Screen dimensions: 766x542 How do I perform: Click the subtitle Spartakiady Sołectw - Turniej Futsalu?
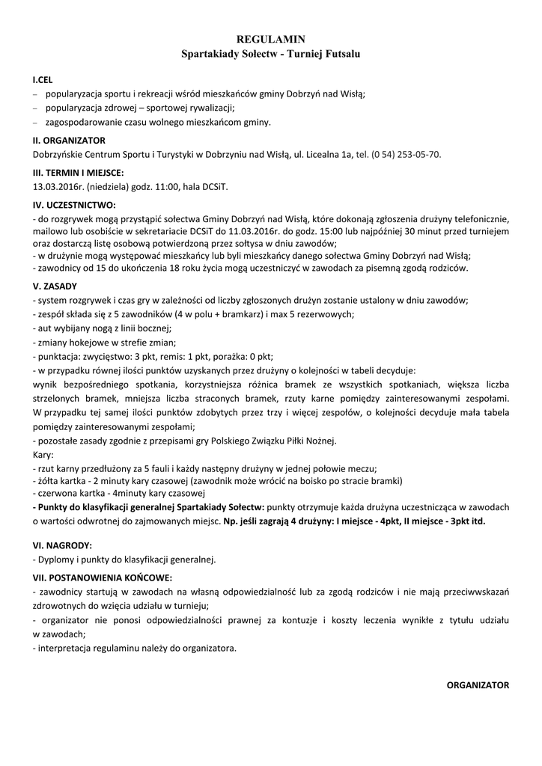point(271,53)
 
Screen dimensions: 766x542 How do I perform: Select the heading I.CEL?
point(43,79)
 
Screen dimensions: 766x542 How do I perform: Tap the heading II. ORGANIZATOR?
point(69,141)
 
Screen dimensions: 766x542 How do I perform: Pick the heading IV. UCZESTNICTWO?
point(74,205)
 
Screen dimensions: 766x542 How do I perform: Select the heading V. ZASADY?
point(55,286)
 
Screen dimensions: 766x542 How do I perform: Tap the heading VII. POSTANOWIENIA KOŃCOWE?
point(103,577)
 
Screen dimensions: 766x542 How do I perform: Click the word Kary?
point(43,454)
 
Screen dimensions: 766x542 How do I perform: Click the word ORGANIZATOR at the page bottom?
point(478,684)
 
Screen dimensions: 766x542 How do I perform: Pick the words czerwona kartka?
point(69,494)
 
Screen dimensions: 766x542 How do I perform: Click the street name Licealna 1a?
point(326,155)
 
